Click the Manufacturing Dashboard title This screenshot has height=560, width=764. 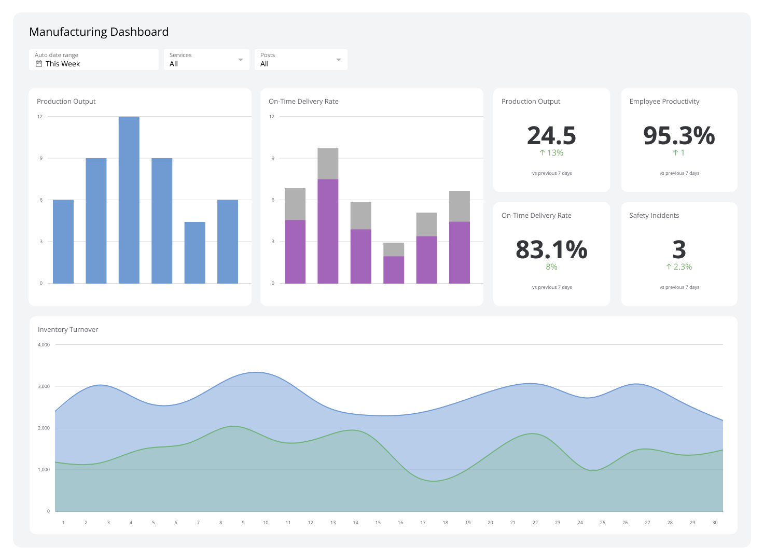99,32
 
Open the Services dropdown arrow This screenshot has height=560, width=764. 241,60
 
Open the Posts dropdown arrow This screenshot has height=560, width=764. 339,60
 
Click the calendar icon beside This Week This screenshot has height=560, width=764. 38,64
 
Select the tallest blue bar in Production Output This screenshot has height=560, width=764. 129,200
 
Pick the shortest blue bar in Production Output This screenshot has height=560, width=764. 195,253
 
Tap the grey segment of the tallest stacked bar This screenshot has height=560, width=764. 328,163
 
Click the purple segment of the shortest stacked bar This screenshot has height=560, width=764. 394,270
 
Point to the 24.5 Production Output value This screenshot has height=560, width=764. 551,135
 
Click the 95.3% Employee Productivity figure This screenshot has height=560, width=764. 679,135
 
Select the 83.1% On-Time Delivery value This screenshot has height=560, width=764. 551,249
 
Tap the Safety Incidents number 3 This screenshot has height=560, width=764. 679,249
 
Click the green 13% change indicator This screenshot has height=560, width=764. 551,152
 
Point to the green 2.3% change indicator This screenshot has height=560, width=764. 679,267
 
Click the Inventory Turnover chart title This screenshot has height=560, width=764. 68,329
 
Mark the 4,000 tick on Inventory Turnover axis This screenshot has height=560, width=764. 44,344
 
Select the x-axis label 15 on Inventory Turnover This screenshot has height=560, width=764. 378,523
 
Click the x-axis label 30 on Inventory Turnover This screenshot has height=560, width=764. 715,523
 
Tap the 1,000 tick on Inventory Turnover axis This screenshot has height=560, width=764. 44,469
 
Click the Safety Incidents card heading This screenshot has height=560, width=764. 654,215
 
